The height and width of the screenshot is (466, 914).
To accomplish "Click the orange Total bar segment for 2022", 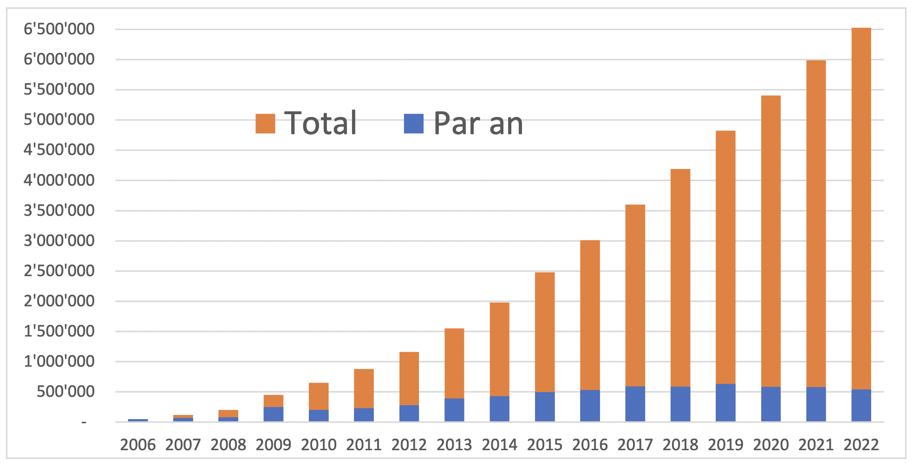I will [861, 209].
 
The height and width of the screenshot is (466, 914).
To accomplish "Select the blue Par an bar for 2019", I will [725, 402].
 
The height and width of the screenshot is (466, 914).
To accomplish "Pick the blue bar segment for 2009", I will [273, 414].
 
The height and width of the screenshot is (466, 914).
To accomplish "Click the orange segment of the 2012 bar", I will [409, 378].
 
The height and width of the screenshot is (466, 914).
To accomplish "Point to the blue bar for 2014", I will [499, 408].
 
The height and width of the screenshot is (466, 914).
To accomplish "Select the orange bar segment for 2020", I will [770, 241].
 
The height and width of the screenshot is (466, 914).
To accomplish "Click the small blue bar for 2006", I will [138, 420].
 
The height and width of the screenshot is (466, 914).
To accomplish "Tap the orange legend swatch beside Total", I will [265, 123].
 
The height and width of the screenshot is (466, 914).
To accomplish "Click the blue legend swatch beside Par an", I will [413, 123].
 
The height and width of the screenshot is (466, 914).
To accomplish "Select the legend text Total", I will [320, 123].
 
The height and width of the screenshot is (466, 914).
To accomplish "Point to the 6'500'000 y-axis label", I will [59, 29].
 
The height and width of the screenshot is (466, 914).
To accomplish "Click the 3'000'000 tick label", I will [59, 241].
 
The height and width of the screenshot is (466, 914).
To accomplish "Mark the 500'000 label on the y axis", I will [65, 392].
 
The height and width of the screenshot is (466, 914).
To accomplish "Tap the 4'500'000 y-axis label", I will [59, 150].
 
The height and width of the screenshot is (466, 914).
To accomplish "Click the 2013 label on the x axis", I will [454, 445].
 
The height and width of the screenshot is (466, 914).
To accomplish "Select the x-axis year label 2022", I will [861, 445].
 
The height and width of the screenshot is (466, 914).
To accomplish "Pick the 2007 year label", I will [183, 445].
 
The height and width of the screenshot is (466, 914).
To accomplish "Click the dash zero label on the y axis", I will [84, 422].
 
